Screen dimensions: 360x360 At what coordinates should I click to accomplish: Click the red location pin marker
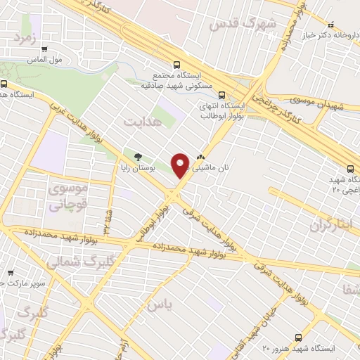tap(181, 165)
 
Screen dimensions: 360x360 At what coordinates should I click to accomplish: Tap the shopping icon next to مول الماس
tap(44, 49)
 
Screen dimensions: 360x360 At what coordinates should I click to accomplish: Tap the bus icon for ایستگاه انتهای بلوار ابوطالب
tap(222, 94)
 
